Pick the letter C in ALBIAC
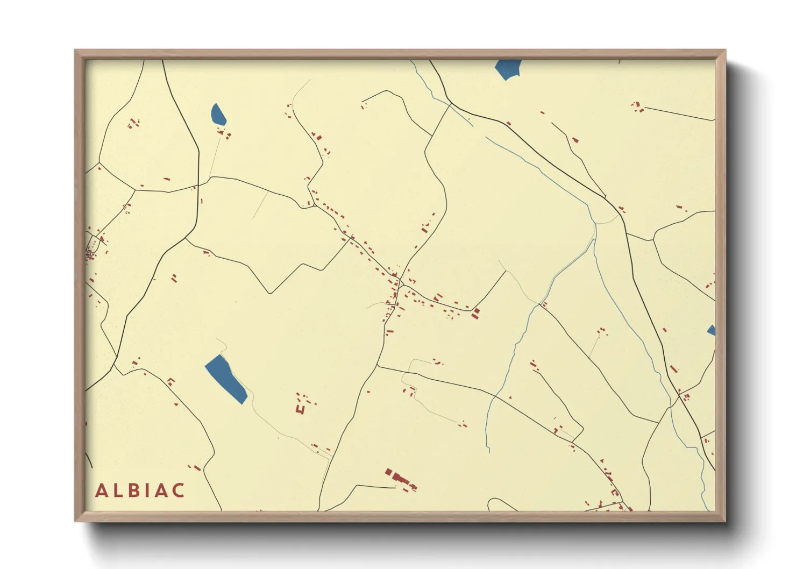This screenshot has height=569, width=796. pyautogui.click(x=179, y=490)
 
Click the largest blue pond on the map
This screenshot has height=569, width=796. pyautogui.click(x=226, y=379)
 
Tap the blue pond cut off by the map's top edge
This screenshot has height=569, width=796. pyautogui.click(x=508, y=68)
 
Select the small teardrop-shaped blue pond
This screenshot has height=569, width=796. pyautogui.click(x=218, y=115)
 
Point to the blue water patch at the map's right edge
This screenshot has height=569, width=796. pyautogui.click(x=712, y=330)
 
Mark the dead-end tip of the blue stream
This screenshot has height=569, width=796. pyautogui.click(x=489, y=451)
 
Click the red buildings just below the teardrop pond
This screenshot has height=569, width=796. pyautogui.click(x=224, y=133)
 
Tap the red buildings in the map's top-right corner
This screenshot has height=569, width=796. pyautogui.click(x=638, y=106)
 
